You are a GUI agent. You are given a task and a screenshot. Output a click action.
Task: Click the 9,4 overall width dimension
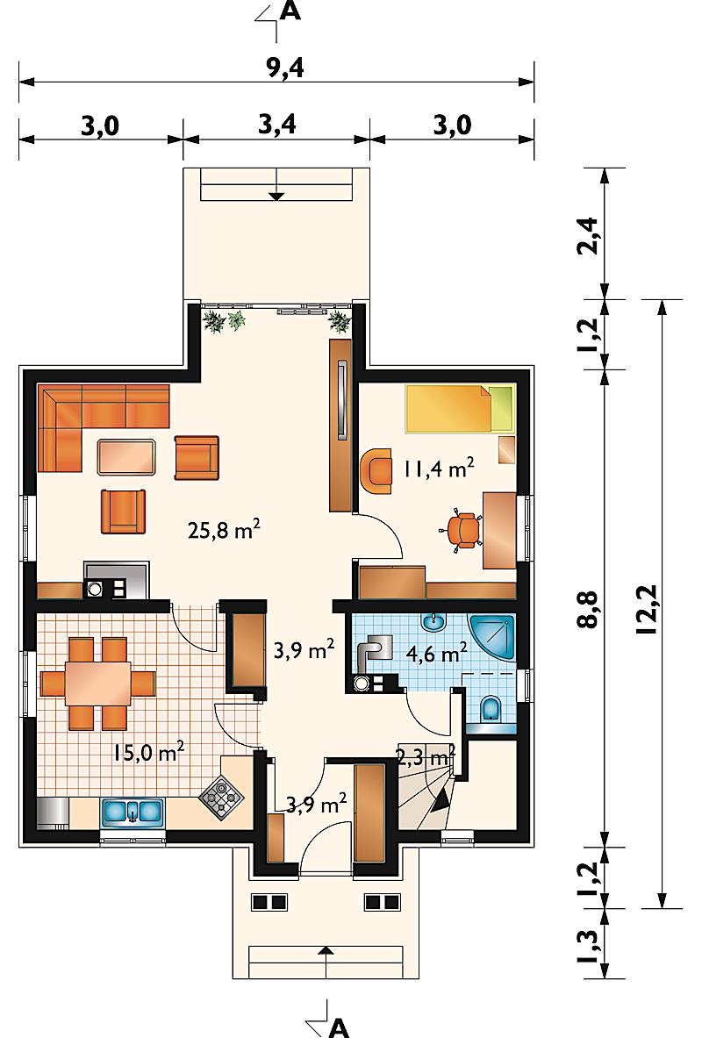tap(286, 68)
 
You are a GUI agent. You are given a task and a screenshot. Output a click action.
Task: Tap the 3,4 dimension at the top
tap(276, 125)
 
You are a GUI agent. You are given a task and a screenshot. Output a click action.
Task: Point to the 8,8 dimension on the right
tap(587, 609)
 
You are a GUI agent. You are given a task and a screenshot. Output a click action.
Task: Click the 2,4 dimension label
tap(587, 236)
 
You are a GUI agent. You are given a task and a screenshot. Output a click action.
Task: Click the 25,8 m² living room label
tap(224, 530)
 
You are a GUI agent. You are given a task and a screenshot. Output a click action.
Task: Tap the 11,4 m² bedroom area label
tap(439, 469)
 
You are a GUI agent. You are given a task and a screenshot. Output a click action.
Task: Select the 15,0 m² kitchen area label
tap(148, 753)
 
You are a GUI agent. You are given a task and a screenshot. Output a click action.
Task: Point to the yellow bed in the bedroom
tap(460, 409)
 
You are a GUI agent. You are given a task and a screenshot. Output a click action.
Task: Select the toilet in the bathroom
tap(491, 709)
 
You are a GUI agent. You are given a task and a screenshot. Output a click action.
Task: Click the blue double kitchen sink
tap(133, 812)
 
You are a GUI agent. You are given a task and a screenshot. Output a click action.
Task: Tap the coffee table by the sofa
tap(127, 456)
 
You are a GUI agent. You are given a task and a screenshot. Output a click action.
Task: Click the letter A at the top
tap(291, 11)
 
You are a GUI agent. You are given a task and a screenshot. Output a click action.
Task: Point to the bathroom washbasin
tap(435, 621)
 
